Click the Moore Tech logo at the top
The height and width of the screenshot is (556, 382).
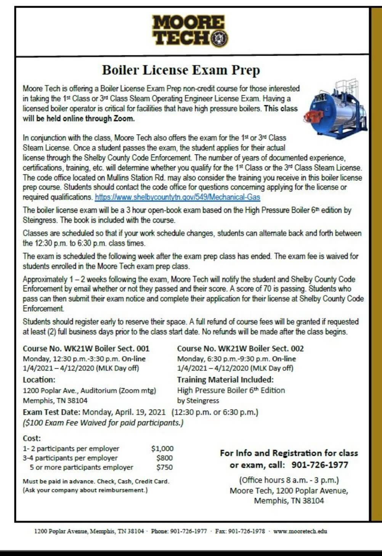(190, 31)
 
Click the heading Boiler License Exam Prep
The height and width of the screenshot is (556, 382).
(181, 70)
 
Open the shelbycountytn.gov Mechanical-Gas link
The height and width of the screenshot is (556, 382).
(177, 197)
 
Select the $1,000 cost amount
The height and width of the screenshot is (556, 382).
(162, 449)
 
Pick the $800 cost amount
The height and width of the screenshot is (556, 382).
(164, 458)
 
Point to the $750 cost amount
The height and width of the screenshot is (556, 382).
(164, 467)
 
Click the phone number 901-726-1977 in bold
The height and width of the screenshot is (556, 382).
(320, 465)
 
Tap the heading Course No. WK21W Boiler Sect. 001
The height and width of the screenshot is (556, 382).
(86, 349)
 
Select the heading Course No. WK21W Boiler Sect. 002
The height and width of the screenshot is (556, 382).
(240, 349)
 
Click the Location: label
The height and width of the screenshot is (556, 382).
(39, 380)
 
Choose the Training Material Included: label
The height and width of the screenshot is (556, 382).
(225, 380)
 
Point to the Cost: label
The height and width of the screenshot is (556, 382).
(32, 439)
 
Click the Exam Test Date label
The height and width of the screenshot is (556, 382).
(51, 412)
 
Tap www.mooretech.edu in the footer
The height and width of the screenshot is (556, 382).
(300, 531)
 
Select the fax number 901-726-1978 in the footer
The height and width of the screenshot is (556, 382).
(246, 531)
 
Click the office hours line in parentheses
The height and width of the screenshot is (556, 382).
(289, 480)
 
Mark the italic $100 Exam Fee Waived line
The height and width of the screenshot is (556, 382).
(103, 423)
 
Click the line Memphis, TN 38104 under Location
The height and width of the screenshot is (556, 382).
(55, 401)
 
